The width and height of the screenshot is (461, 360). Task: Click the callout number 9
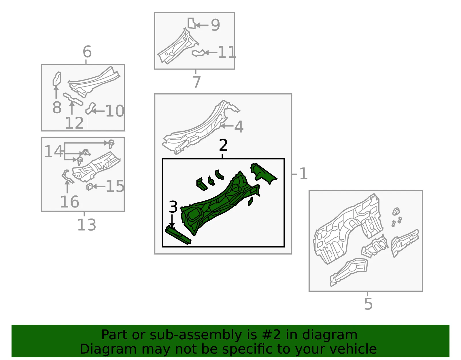click(215, 25)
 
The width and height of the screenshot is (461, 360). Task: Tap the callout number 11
click(227, 52)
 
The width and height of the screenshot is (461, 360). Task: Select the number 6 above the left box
click(87, 52)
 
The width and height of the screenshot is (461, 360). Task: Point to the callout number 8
click(57, 107)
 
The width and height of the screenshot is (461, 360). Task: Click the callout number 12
click(74, 123)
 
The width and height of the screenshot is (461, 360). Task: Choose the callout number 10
click(115, 111)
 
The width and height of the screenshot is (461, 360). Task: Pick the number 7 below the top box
click(197, 82)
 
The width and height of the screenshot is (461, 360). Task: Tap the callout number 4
click(239, 127)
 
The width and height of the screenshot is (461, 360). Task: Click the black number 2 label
click(223, 145)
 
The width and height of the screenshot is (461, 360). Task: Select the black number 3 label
click(173, 207)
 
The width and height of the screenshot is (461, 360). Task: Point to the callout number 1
click(303, 174)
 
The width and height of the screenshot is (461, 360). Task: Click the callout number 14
click(53, 152)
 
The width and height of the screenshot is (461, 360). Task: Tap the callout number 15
click(115, 186)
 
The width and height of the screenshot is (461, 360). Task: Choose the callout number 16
click(70, 202)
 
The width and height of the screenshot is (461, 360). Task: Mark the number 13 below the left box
click(86, 225)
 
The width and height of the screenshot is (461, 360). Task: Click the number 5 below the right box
click(368, 304)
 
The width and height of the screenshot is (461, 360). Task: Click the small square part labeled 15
click(89, 186)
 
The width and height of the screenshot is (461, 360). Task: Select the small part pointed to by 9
click(191, 23)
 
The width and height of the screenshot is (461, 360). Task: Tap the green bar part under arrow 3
click(178, 235)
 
